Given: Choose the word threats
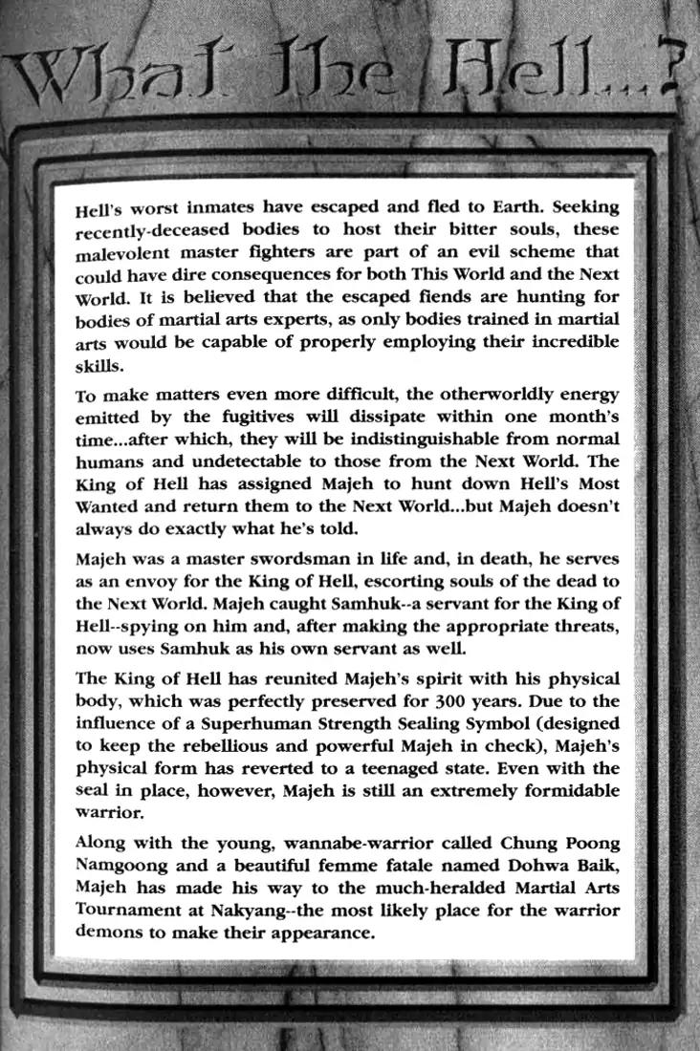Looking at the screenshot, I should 581,627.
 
